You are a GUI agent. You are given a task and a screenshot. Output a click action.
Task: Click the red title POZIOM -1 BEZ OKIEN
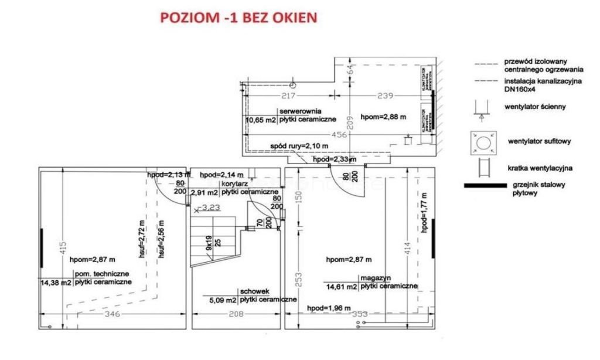pyautogui.click(x=238, y=18)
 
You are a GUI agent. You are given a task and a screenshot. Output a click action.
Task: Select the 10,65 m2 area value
pyautogui.click(x=261, y=120)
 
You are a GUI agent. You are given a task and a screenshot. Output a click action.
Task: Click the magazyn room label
pyautogui.click(x=376, y=277)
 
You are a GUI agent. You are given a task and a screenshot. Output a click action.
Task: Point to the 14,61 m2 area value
pyautogui.click(x=342, y=287)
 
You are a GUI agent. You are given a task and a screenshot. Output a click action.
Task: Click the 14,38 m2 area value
pyautogui.click(x=56, y=283)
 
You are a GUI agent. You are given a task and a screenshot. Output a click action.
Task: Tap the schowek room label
pyautogui.click(x=254, y=291)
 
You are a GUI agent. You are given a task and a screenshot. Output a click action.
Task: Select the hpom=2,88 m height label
pyautogui.click(x=383, y=116)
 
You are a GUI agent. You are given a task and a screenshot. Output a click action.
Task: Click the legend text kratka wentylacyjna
pyautogui.click(x=540, y=168)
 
